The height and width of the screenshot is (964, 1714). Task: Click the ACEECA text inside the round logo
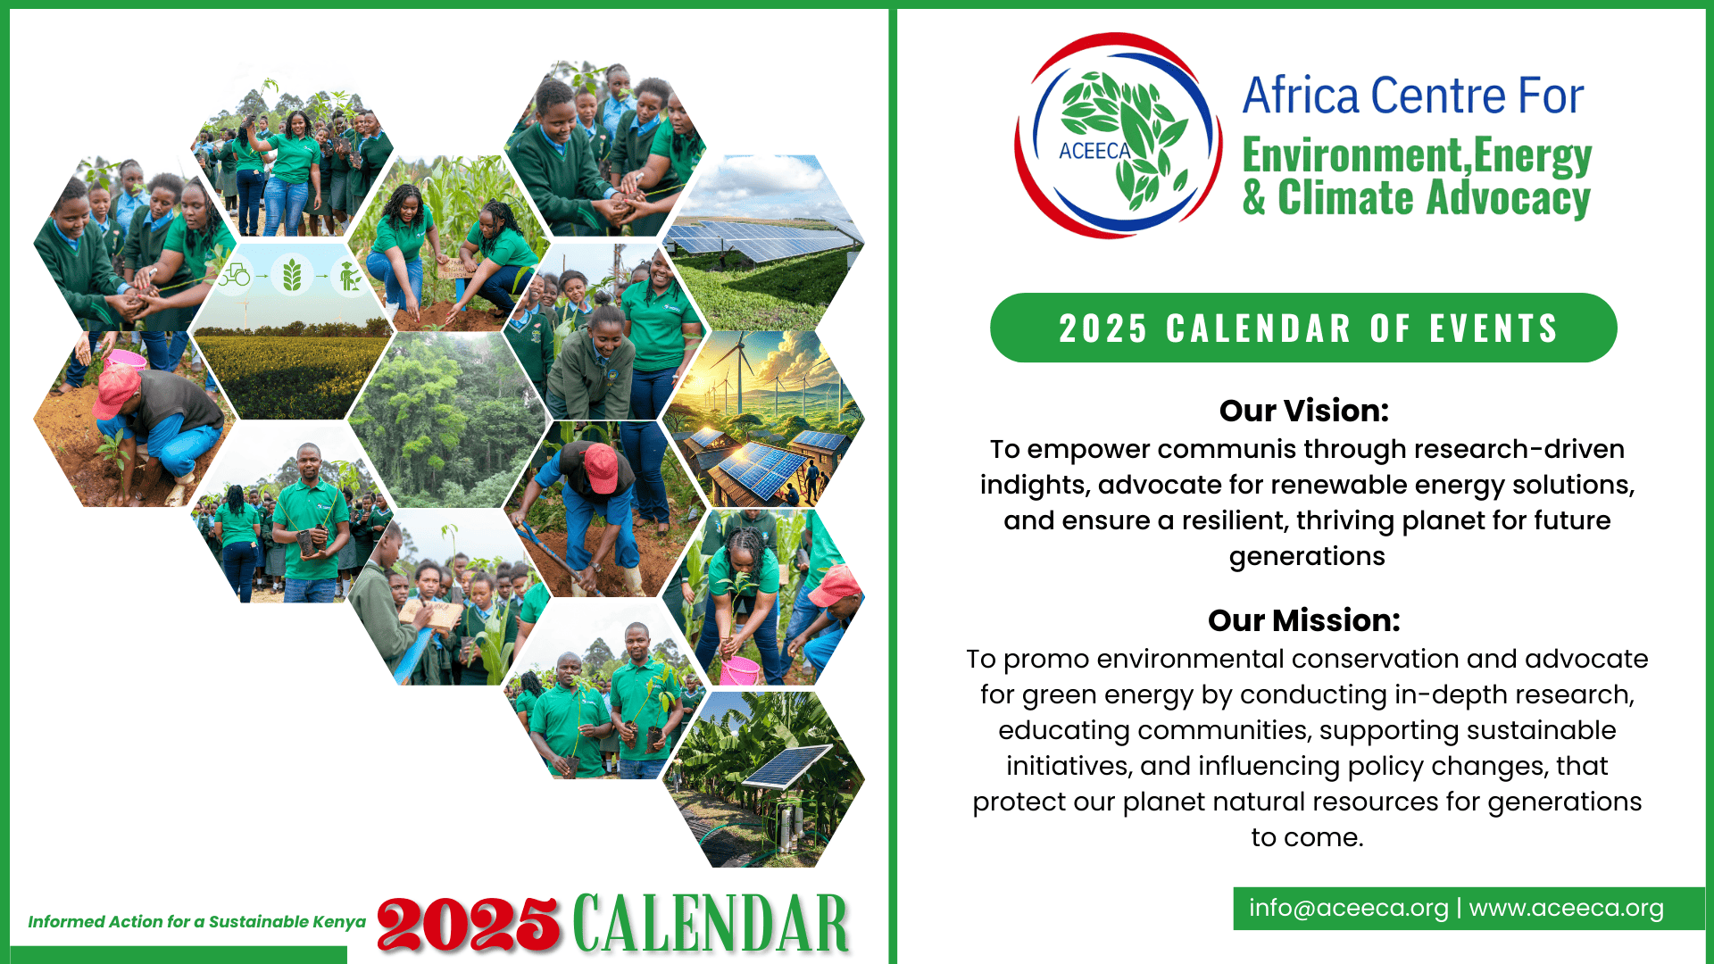click(1094, 151)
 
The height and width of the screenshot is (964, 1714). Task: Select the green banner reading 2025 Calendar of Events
click(1303, 328)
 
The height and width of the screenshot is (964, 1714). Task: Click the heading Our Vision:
click(1304, 411)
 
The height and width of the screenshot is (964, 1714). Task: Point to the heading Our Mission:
click(1304, 620)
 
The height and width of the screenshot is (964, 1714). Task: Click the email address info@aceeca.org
click(1348, 909)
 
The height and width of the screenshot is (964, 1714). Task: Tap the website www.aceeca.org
click(1567, 909)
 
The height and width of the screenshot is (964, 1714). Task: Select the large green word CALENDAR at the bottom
click(711, 923)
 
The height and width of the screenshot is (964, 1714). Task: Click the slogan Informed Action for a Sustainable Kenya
click(197, 922)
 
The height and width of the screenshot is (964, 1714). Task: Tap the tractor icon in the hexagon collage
click(235, 275)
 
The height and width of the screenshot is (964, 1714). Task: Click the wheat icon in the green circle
click(292, 275)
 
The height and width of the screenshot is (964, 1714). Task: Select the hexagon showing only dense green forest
click(447, 420)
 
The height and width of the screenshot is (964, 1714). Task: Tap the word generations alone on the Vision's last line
click(1307, 557)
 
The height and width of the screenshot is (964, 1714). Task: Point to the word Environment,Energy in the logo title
click(1417, 155)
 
